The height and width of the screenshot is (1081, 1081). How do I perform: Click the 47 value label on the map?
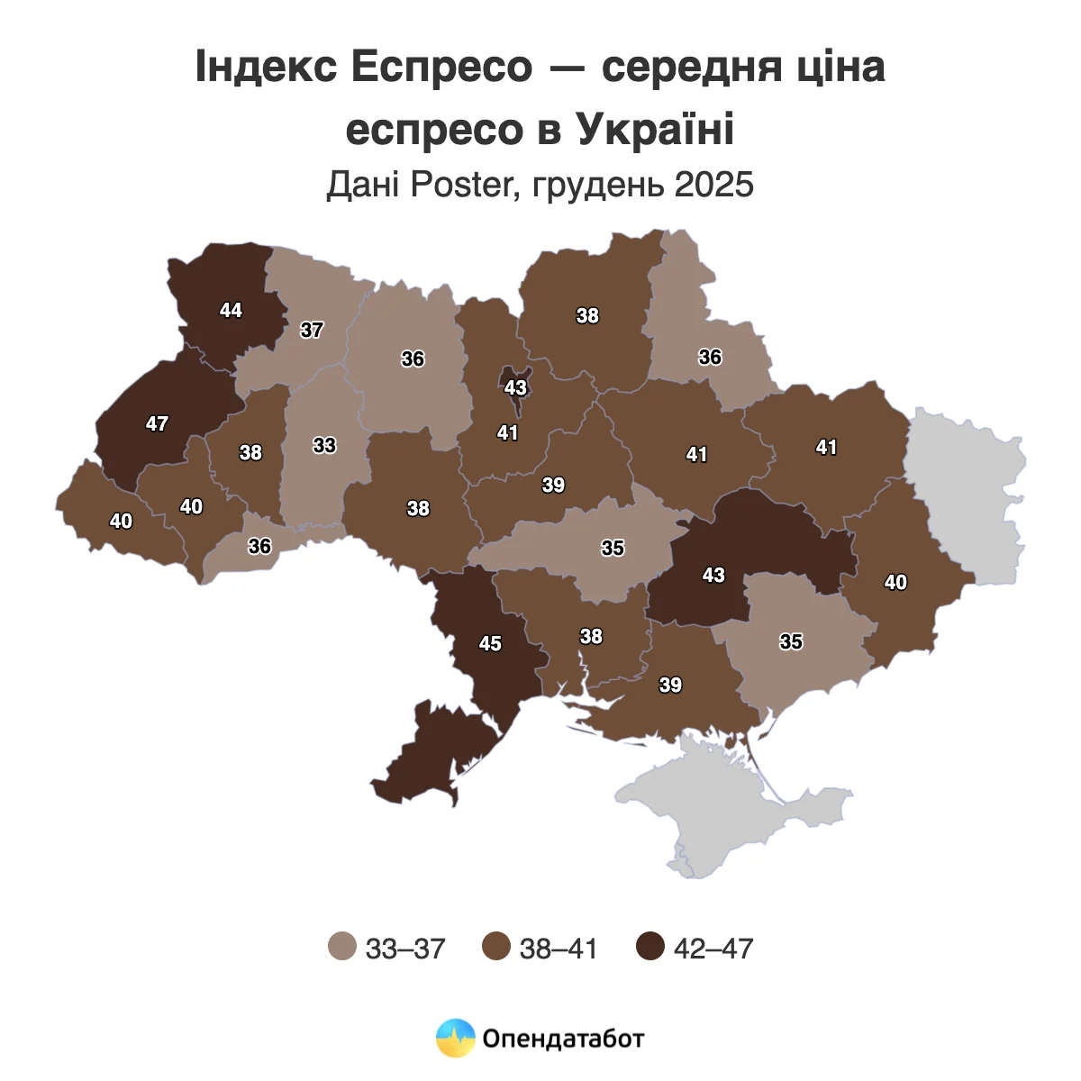coord(158,423)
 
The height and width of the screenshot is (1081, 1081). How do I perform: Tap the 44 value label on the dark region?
coord(231,310)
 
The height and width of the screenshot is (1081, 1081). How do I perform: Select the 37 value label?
coord(312,330)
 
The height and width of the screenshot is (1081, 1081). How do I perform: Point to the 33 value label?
coord(324,445)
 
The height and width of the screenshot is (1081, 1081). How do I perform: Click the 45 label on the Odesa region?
coord(490,643)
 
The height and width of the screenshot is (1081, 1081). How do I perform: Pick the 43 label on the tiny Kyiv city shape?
coord(515,388)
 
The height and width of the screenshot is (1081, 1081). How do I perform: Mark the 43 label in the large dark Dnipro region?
coord(713,575)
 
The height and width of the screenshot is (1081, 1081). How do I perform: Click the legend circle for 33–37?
coord(342,947)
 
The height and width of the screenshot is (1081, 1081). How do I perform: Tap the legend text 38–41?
coord(559,948)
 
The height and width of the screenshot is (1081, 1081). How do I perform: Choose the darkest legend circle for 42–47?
coord(650,947)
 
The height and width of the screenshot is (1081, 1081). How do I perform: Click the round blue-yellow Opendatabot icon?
coord(455,1039)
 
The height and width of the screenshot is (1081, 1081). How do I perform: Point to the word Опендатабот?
coord(563,1039)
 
